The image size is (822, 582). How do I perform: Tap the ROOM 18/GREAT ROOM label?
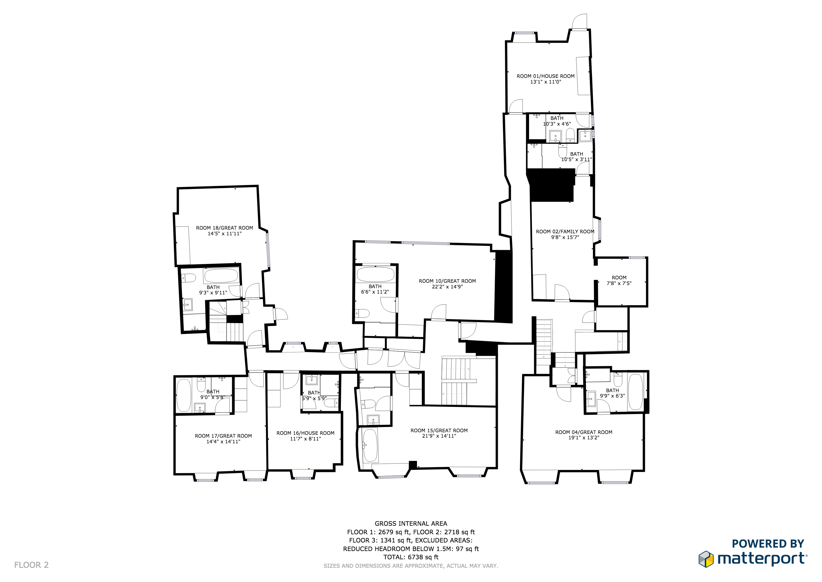click(225, 228)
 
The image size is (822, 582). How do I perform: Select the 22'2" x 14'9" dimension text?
click(447, 287)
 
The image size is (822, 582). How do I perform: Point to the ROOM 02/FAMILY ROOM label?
click(565, 232)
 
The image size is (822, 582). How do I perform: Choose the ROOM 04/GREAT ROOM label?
click(584, 432)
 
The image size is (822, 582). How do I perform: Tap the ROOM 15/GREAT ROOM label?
click(439, 431)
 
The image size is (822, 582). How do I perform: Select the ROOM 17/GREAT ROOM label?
click(223, 436)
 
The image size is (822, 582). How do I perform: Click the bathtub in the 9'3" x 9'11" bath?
click(221, 276)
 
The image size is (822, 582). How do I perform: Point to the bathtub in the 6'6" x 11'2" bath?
click(376, 274)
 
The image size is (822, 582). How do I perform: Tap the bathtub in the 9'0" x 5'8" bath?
click(184, 395)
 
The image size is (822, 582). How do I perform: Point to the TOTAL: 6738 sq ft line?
click(411, 557)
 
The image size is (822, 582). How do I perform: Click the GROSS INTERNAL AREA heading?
click(411, 523)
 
